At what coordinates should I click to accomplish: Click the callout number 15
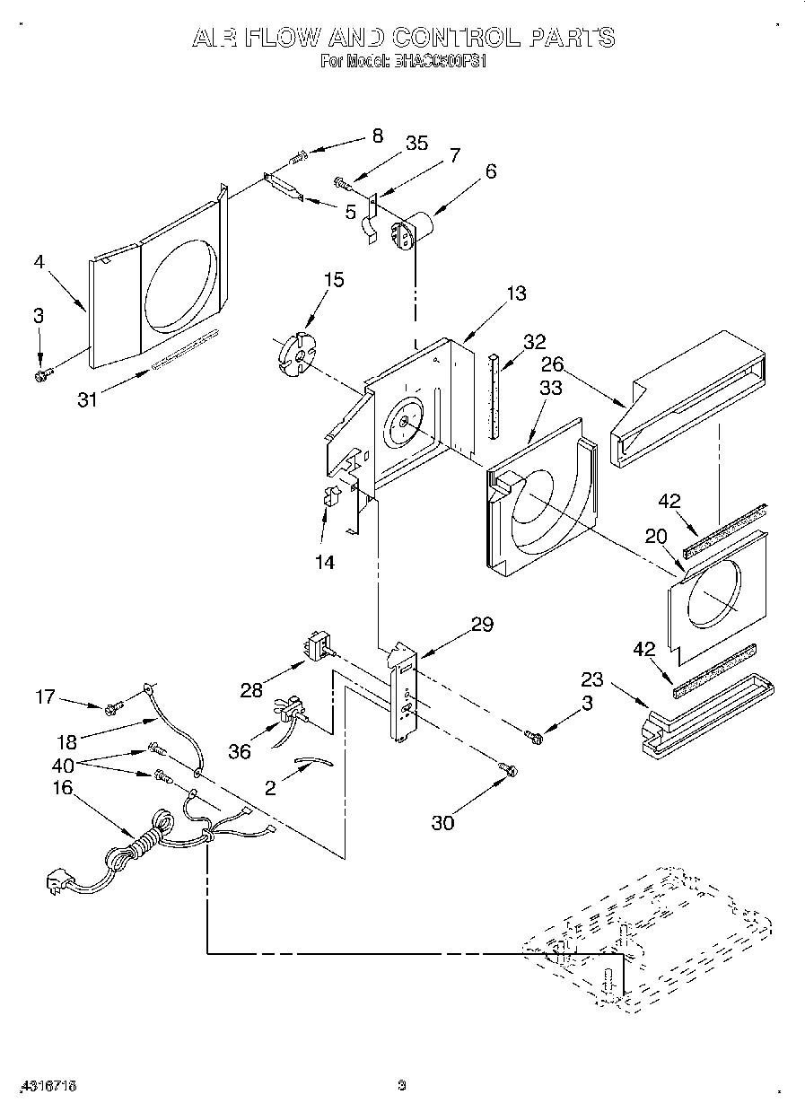point(333,280)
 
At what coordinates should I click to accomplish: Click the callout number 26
point(554,365)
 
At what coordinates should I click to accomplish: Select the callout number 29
point(482,625)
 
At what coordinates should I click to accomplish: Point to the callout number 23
point(591,679)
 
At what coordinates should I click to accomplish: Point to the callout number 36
point(240,752)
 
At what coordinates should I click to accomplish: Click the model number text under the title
point(403,63)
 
